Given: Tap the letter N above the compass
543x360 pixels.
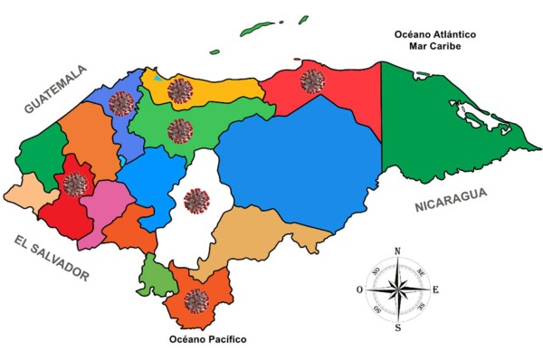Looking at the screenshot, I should tap(397, 251).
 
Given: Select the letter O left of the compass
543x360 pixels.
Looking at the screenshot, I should tap(360, 289).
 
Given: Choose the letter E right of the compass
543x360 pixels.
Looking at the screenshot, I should tap(435, 289).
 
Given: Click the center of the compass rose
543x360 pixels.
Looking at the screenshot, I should tap(397, 289).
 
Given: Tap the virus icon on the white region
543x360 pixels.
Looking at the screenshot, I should tap(195, 201).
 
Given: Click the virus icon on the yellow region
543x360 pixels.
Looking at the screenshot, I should tap(180, 90).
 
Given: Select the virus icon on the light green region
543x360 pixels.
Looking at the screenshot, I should tap(180, 131).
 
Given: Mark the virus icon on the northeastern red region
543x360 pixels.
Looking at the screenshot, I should tap(312, 81).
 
